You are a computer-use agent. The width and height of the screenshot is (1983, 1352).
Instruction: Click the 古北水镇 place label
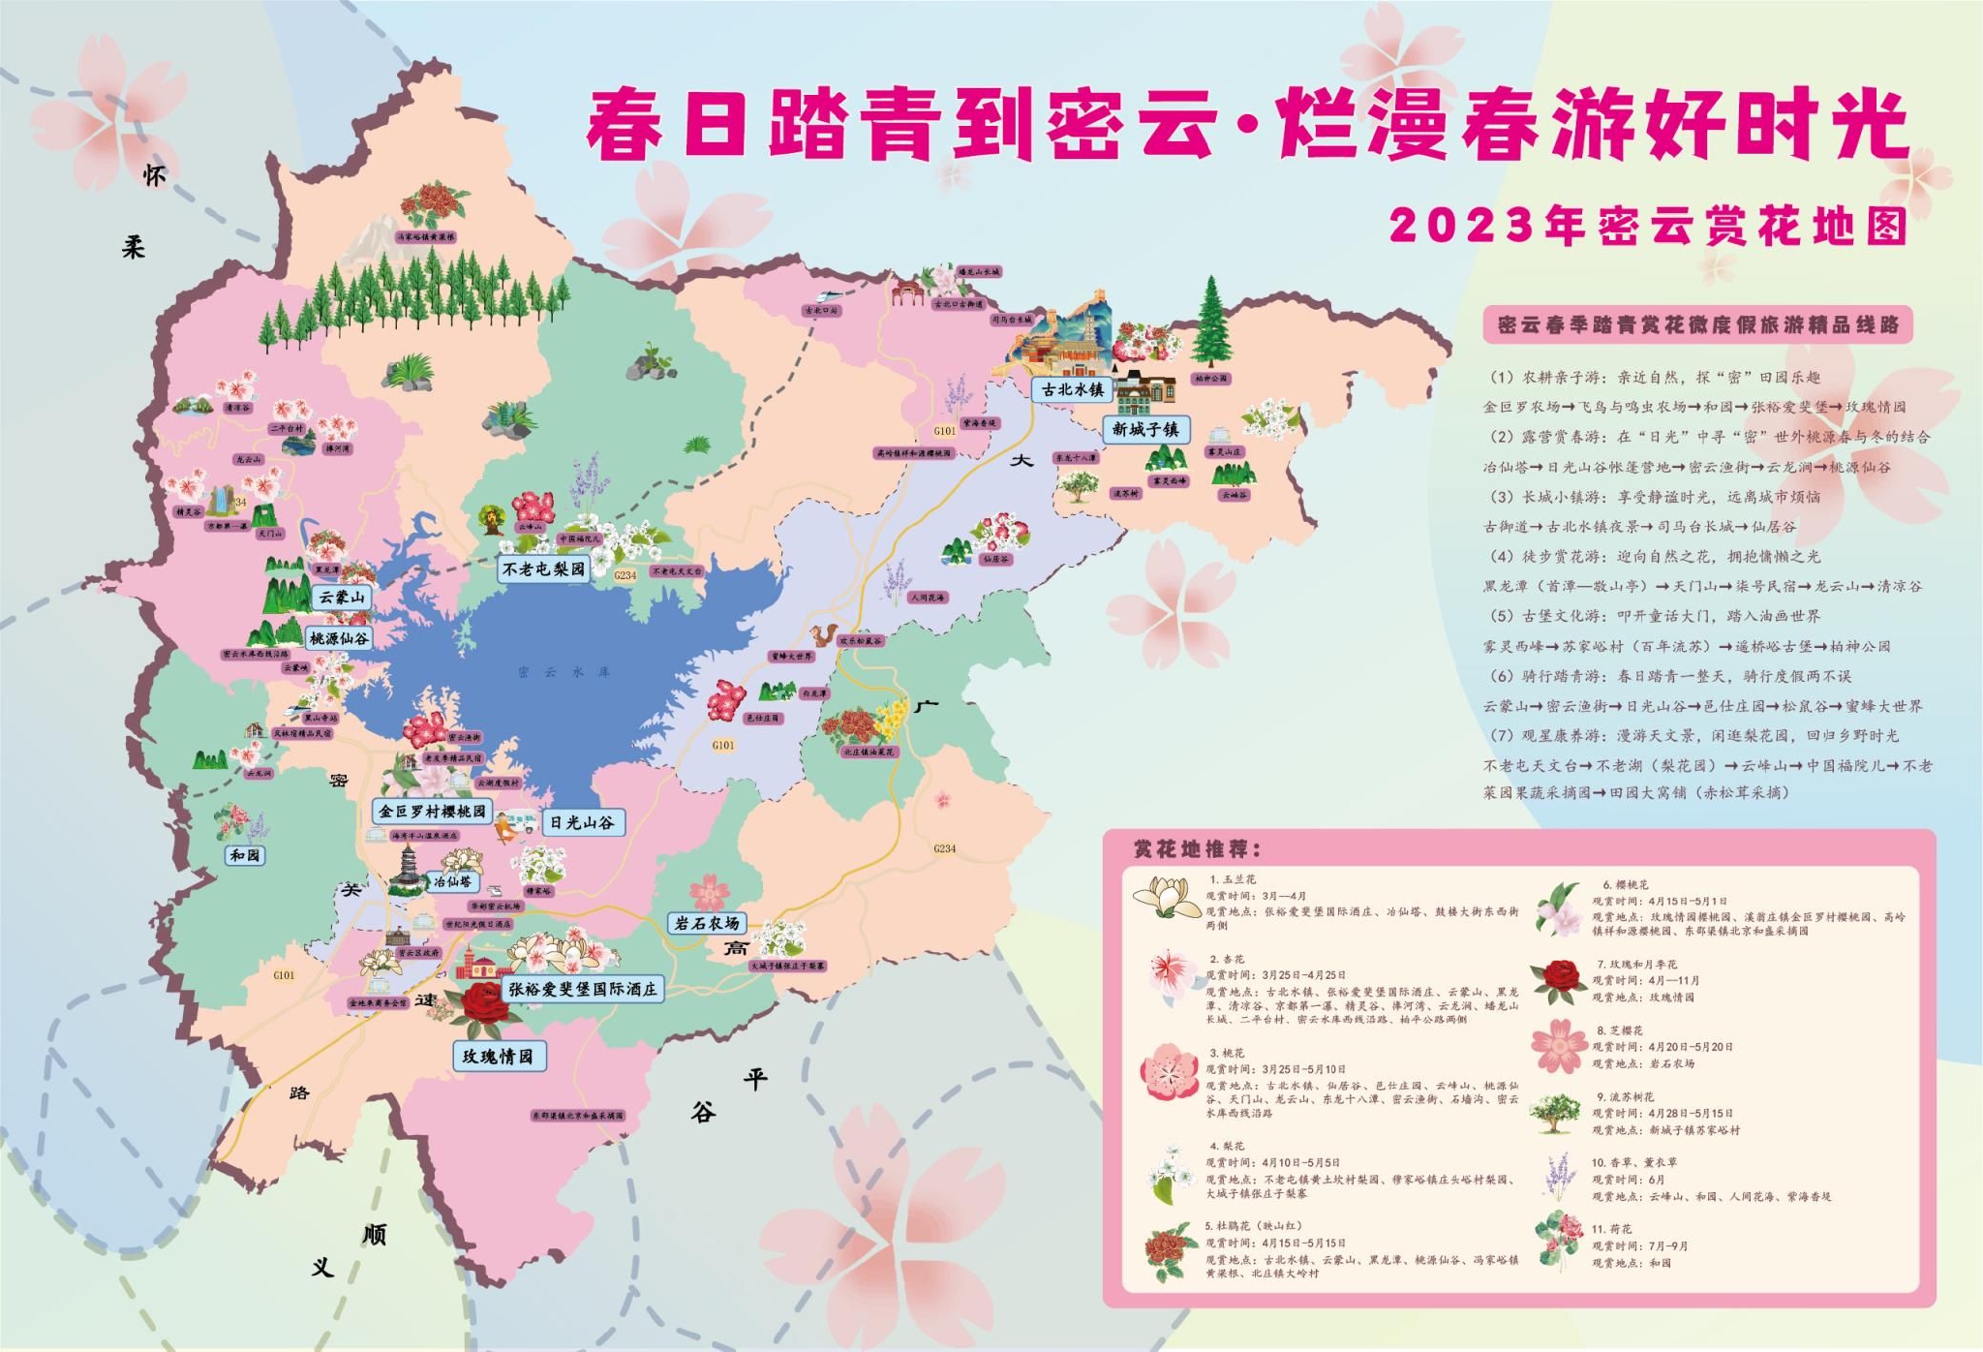[1072, 389]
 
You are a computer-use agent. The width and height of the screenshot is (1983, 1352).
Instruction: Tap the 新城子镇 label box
[1145, 429]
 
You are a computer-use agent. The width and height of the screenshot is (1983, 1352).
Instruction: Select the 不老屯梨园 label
[544, 569]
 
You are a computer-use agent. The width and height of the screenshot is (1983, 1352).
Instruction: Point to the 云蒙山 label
[342, 598]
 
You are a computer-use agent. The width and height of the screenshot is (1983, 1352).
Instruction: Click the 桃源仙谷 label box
[339, 638]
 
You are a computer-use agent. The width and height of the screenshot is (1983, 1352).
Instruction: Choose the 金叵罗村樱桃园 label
[432, 811]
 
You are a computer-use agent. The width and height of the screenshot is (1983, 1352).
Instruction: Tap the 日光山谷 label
[582, 822]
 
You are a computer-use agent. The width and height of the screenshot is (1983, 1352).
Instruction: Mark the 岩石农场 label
[708, 923]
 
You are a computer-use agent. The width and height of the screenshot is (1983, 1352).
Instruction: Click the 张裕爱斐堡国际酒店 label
[583, 989]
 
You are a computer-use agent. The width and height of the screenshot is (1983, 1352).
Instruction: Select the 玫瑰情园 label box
[498, 1056]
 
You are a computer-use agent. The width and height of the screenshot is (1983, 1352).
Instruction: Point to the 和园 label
[245, 855]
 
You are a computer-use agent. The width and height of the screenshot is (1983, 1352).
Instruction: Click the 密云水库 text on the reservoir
[564, 671]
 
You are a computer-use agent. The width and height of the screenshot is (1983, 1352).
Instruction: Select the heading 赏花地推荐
[1198, 849]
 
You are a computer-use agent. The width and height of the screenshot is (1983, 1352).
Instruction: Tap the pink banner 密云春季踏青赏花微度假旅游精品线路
[1697, 324]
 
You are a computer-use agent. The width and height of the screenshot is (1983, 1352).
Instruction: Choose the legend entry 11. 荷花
[1611, 1229]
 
